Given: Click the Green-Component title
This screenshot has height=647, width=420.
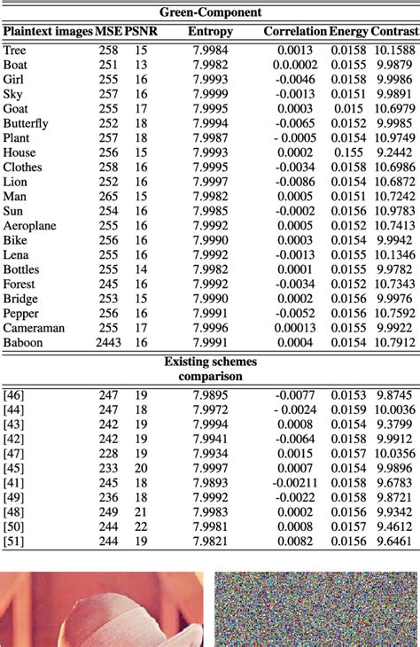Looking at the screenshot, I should click(211, 12).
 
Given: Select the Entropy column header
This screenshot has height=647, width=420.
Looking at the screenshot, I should click(210, 32).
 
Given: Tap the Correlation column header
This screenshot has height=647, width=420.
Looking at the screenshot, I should click(295, 32).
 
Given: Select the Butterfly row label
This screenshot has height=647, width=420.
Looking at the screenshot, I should click(28, 123).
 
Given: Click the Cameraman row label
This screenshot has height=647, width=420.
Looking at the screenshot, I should click(34, 327).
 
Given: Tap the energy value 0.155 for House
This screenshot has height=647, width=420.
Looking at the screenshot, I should click(348, 152).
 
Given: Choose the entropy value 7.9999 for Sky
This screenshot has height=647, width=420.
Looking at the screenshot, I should click(209, 94).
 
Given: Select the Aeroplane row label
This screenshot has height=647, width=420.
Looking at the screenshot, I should click(29, 225).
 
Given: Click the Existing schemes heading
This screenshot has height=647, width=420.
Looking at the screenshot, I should click(210, 362).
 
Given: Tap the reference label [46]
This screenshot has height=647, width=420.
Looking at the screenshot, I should click(14, 394).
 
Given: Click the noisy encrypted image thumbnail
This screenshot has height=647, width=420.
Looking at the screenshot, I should click(315, 609).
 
